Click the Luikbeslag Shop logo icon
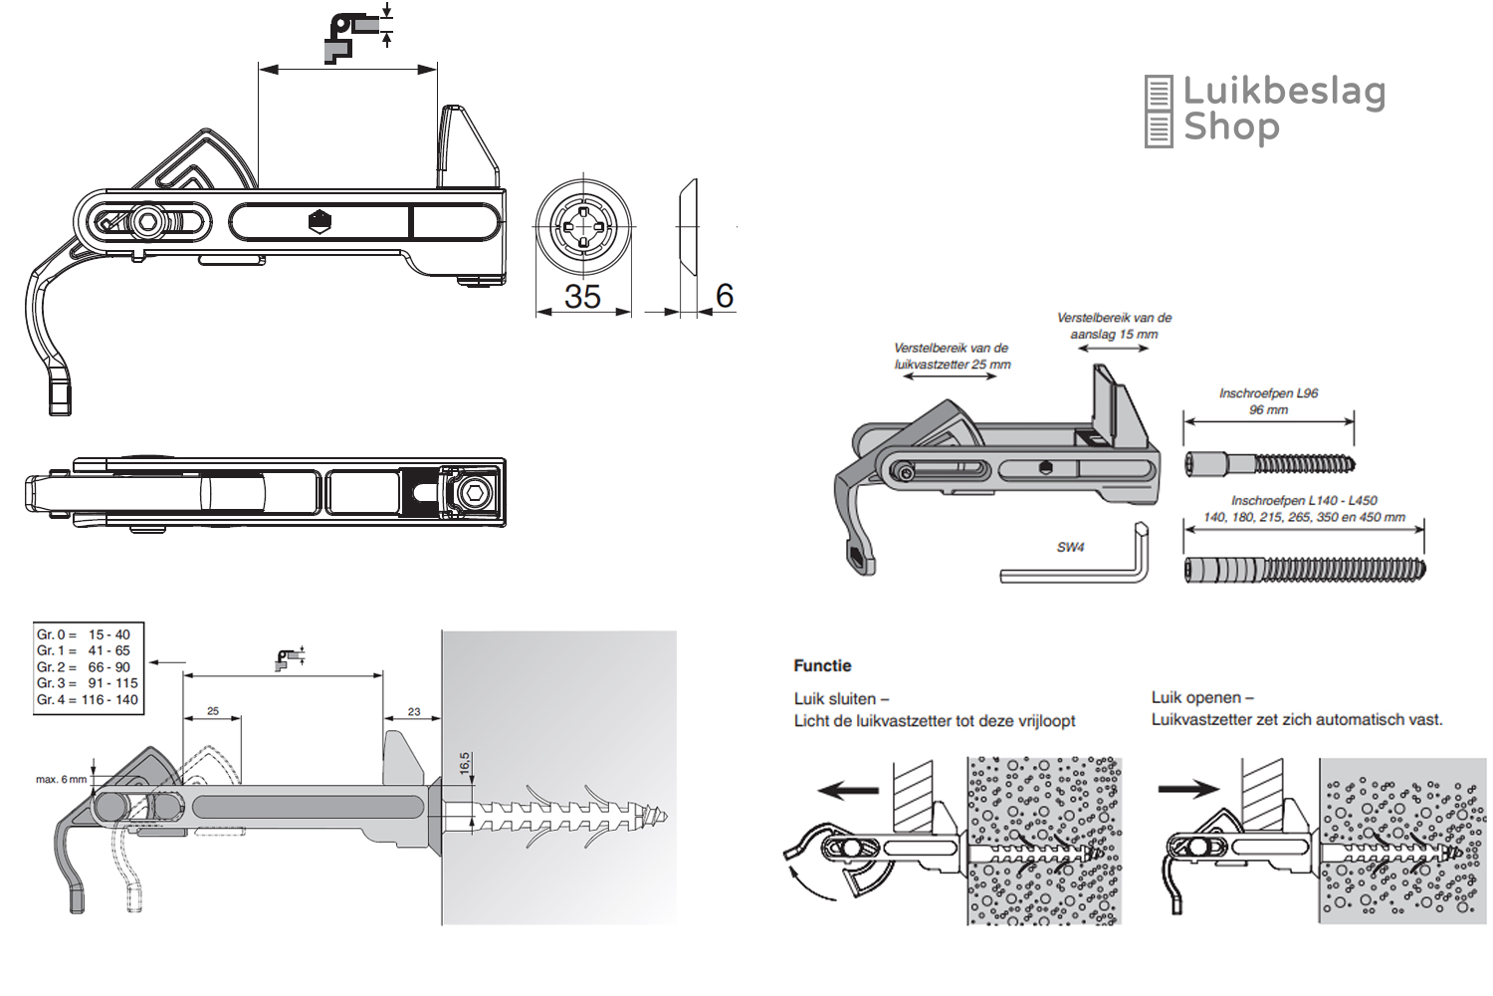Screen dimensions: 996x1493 [x=1159, y=112]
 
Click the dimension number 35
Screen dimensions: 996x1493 [x=582, y=297]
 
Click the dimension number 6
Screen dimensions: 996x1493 [x=724, y=296]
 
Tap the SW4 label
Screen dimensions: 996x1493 [x=1071, y=547]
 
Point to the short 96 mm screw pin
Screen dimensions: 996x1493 [x=1269, y=463]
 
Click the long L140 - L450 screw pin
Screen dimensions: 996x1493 [x=1304, y=570]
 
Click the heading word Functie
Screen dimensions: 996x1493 [x=822, y=665]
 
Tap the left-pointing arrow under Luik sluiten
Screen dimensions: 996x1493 [x=848, y=791]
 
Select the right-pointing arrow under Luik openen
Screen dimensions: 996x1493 [x=1188, y=789]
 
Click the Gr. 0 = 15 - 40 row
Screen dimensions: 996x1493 [x=84, y=634]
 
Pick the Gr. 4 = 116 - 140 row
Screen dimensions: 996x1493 [x=87, y=699]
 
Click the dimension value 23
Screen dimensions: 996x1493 [x=414, y=711]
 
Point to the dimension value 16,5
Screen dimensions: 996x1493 [x=465, y=763]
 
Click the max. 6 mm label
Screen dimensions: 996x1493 [x=61, y=779]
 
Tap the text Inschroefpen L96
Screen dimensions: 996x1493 [x=1268, y=393]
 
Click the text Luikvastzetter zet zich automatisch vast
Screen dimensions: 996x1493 [x=1296, y=719]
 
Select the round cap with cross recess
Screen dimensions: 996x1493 [x=582, y=226]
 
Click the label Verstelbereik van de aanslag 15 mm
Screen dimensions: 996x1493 [x=1114, y=326]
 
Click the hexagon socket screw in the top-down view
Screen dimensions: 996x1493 [x=475, y=491]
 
